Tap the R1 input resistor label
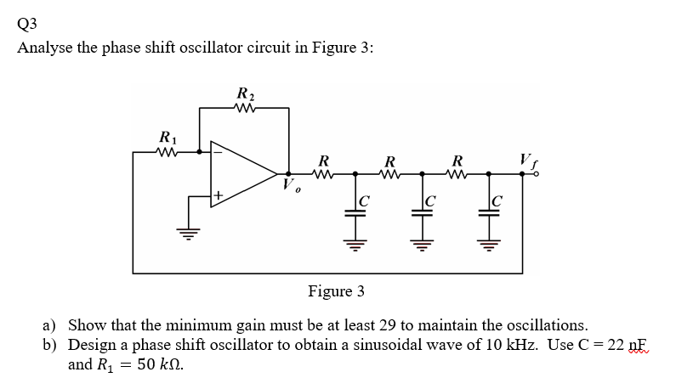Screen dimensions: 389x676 point(168,137)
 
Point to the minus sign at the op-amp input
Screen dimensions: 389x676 point(217,153)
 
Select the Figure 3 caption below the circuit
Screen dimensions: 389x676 point(336,291)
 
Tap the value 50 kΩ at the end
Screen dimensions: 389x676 point(156,366)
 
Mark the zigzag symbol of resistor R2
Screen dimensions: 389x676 point(244,108)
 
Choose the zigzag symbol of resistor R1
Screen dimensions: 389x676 point(168,152)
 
